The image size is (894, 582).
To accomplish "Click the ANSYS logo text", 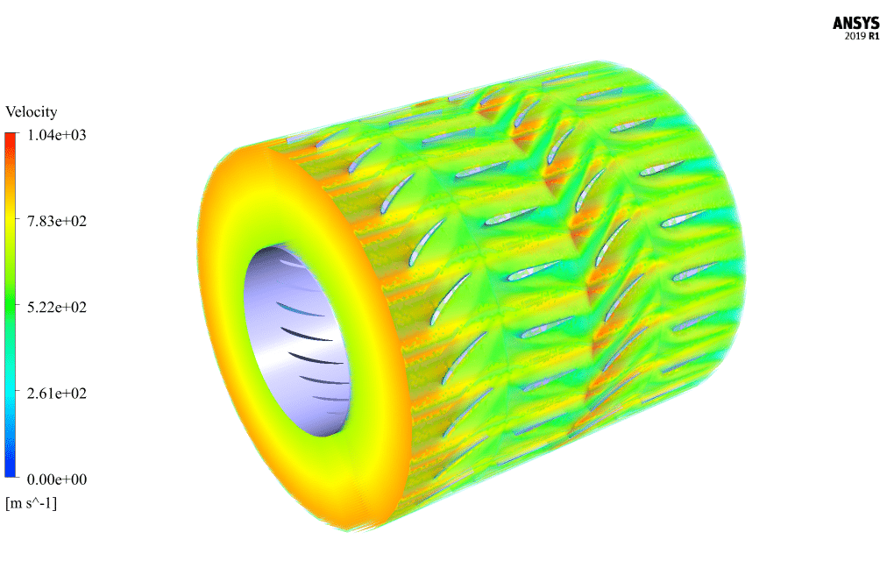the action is [x=855, y=23].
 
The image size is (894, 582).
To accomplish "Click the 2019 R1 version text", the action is [x=862, y=36].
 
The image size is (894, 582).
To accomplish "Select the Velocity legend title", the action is [x=32, y=111].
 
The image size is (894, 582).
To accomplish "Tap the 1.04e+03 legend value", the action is [x=57, y=135].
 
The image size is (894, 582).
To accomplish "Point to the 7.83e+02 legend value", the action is [x=57, y=221].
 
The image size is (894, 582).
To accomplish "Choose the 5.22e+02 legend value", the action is [x=57, y=308].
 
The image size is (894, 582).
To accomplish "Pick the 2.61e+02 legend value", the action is [x=57, y=394].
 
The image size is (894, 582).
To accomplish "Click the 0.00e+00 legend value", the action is [x=57, y=479].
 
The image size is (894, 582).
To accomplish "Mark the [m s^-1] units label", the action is [x=32, y=503].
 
